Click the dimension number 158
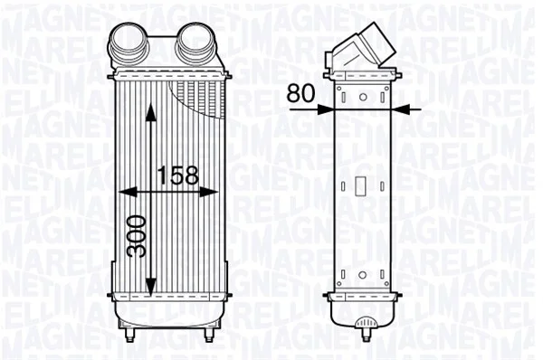point(178,175)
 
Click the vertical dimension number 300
point(136,236)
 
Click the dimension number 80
point(301,93)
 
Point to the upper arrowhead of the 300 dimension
point(150,112)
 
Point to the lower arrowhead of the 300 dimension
point(150,288)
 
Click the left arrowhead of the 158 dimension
point(128,192)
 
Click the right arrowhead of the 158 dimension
point(208,192)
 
